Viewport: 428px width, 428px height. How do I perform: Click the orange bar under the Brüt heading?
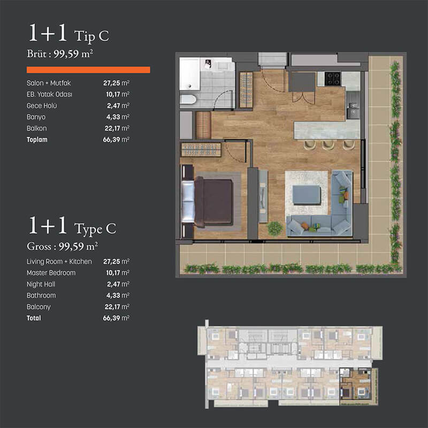[x=88, y=70]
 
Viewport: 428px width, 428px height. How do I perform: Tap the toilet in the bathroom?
[x=188, y=100]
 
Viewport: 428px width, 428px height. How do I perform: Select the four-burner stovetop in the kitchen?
[x=332, y=78]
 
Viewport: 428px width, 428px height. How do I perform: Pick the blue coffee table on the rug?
[x=307, y=195]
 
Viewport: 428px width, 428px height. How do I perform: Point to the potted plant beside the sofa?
[x=275, y=228]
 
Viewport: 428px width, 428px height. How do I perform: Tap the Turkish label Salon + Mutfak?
[x=49, y=83]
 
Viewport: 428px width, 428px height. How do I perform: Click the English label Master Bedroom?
[x=51, y=273]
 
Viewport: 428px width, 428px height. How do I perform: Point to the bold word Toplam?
[x=37, y=140]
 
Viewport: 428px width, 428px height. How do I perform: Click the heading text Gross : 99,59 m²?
[x=62, y=246]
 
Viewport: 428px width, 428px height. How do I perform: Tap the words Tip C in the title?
[x=91, y=36]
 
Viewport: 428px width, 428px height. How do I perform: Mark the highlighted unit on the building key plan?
[x=355, y=384]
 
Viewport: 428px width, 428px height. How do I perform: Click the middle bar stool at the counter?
[x=328, y=144]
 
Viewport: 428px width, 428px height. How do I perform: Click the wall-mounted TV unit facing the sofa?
[x=263, y=196]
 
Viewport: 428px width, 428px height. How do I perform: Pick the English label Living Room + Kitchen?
[x=59, y=262]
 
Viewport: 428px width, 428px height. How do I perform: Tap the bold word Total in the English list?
[x=34, y=318]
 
